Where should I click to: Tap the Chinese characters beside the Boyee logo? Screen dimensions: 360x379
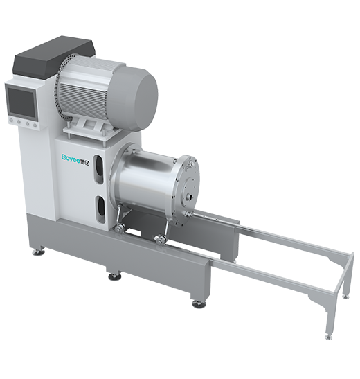coord(86,157)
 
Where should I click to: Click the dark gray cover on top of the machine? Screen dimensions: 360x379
coord(54,56)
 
